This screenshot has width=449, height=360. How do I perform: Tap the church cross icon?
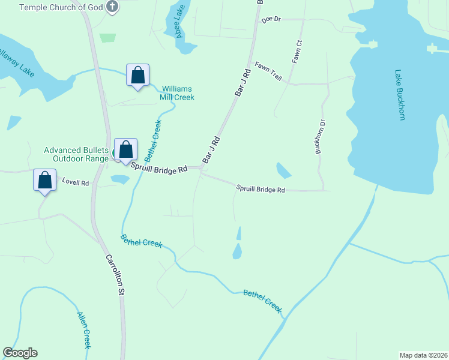pyautogui.click(x=112, y=7)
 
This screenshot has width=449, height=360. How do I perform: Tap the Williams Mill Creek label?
pyautogui.click(x=177, y=92)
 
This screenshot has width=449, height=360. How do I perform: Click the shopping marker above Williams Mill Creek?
pyautogui.click(x=138, y=76)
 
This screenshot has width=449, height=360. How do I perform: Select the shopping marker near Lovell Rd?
pyautogui.click(x=45, y=181)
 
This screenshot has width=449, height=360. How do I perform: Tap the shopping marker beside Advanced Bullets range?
pyautogui.click(x=126, y=150)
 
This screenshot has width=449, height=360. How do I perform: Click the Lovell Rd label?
pyautogui.click(x=76, y=182)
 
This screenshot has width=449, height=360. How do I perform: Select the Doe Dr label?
pyautogui.click(x=271, y=20)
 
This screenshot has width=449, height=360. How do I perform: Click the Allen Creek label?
pyautogui.click(x=83, y=330)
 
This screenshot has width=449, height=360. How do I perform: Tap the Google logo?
pyautogui.click(x=20, y=353)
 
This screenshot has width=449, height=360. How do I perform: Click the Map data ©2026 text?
pyautogui.click(x=423, y=355)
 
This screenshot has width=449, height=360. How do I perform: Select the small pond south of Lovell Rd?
pyautogui.click(x=120, y=179)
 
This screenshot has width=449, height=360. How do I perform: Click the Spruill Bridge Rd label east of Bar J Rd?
pyautogui.click(x=260, y=189)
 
